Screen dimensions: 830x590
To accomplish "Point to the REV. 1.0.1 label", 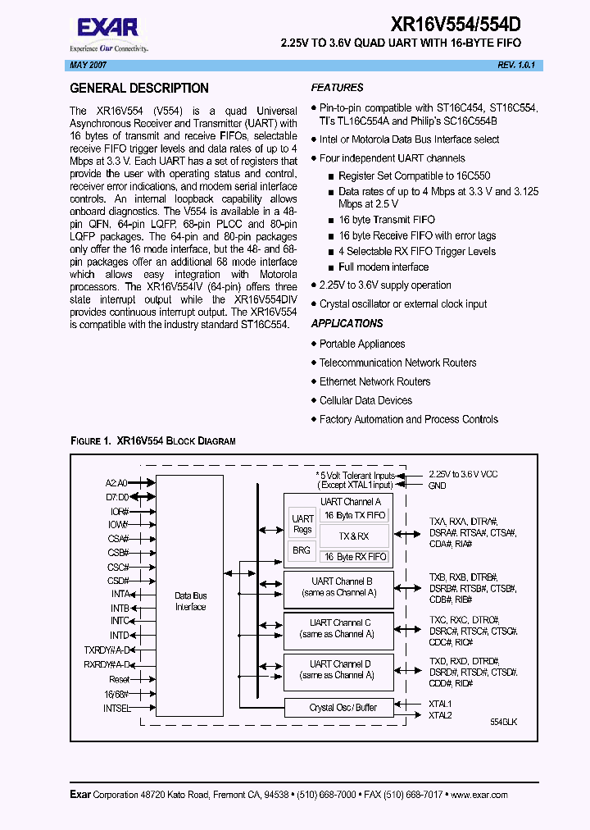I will [516, 65].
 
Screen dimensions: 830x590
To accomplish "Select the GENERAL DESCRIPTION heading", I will [139, 89].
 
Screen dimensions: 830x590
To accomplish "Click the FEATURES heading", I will [337, 88].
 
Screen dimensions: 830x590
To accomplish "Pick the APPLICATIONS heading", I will [347, 324].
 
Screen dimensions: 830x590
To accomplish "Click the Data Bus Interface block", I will [190, 601].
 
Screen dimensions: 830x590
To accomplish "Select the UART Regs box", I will [302, 523].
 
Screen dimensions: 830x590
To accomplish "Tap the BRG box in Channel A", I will [302, 550].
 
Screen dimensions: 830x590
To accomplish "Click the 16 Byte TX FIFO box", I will [354, 515].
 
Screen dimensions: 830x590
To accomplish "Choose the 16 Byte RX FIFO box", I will [354, 557].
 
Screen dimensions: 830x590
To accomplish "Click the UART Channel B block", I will [338, 586].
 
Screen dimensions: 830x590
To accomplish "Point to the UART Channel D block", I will [338, 669].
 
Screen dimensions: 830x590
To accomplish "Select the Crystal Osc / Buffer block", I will [338, 707].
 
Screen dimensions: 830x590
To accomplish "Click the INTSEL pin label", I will [117, 708].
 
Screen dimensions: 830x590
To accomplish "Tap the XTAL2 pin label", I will [440, 715].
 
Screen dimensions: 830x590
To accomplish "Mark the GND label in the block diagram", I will [438, 486].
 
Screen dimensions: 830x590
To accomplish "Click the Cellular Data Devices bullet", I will [365, 400].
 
